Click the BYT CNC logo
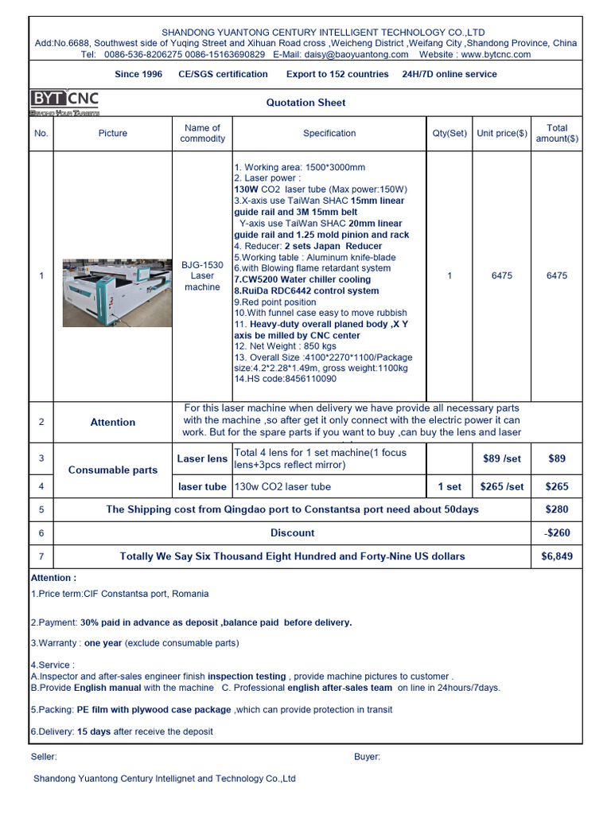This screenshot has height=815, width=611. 64,101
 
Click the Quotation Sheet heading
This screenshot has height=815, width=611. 305,103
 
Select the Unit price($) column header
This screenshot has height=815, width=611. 501,134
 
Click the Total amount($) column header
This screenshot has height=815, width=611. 557,133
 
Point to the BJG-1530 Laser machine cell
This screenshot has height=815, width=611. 202,275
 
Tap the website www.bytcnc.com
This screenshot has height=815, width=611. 496,55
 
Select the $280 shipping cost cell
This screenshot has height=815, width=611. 557,509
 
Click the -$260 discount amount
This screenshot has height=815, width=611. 557,533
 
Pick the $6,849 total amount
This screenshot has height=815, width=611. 557,556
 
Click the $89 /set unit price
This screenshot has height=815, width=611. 502,458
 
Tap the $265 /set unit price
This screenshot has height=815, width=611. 502,486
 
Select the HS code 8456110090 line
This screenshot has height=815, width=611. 285,379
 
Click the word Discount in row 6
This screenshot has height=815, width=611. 292,533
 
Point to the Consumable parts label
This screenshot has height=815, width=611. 113,470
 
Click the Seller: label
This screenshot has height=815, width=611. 44,757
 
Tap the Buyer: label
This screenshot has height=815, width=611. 367,757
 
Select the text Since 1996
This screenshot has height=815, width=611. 138,74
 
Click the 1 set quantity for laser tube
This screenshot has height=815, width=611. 449,486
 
